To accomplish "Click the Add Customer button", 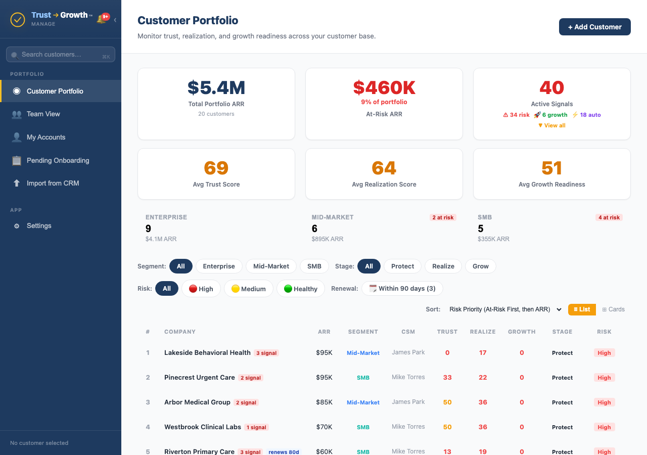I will pos(594,27).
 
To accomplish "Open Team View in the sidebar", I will pos(43,114).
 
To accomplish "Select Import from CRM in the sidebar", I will pos(53,184).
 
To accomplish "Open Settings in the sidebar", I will pos(39,226).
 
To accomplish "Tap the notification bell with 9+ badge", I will pos(102,19).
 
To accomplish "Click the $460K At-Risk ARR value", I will pos(384,88).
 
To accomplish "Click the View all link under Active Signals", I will pos(551,125).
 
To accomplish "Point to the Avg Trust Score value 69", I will pos(216,168).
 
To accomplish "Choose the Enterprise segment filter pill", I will pos(219,266).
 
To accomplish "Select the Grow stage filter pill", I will pos(480,266).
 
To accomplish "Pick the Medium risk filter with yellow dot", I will pos(248,289).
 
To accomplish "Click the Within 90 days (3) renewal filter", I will pos(402,289).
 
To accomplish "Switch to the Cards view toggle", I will pos(613,309).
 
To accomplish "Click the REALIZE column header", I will pos(483,332).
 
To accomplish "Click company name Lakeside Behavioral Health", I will pos(207,353).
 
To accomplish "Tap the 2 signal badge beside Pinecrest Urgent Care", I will pos(251,378).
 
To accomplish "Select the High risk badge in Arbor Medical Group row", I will pos(604,402).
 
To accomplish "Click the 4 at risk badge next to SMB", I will pos(609,217).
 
